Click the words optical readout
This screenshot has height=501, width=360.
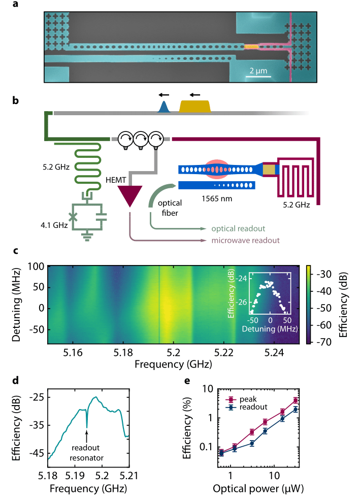[237, 229]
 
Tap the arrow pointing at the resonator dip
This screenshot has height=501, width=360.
[87, 436]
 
